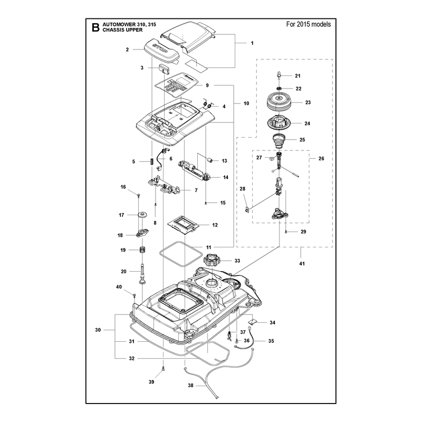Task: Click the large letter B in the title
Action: (x=95, y=27)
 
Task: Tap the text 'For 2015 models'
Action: (x=309, y=24)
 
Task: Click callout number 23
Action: (x=308, y=102)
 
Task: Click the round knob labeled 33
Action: (x=212, y=260)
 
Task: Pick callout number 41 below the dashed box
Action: (x=302, y=263)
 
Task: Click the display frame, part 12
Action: (x=183, y=225)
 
